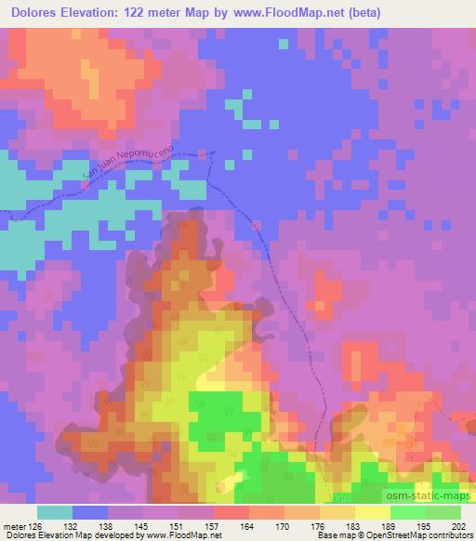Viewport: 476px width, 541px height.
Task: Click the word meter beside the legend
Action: pos(13,526)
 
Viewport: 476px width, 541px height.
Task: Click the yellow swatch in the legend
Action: pos(373,512)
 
